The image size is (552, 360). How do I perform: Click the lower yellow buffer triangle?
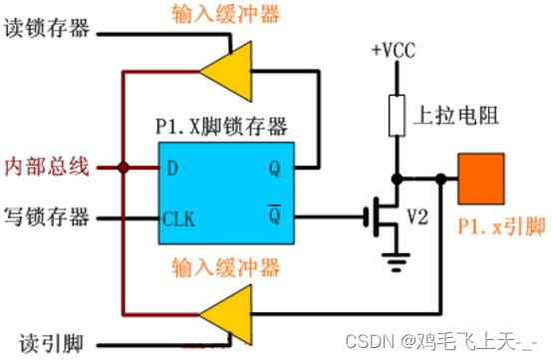227,311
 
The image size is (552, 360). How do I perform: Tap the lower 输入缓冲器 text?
224,267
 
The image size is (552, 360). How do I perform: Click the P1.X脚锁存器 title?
221,127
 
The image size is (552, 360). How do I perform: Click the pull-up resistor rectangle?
395,115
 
